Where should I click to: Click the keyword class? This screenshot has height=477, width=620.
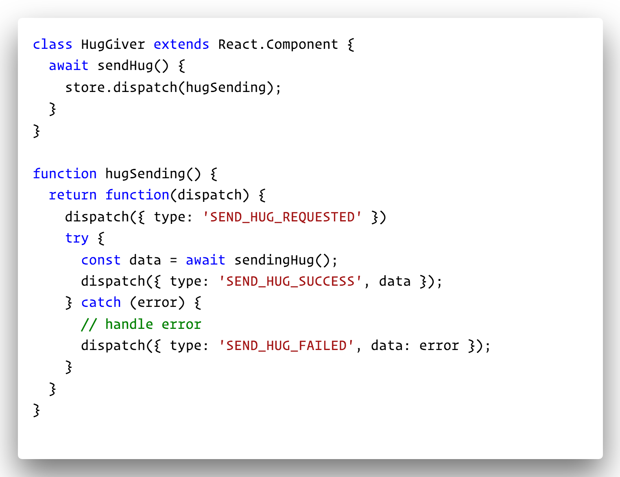(52, 44)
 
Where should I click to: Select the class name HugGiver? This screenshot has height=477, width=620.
(113, 44)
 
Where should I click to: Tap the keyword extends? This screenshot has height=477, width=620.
(181, 44)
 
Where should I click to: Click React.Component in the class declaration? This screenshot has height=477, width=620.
(278, 44)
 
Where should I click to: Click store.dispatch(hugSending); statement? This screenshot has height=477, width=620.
(173, 88)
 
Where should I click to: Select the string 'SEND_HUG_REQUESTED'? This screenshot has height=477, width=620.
(282, 217)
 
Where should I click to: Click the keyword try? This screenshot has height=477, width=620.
(76, 238)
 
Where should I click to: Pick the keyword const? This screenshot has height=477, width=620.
(100, 260)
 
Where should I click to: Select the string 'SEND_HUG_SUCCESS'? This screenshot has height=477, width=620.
(290, 282)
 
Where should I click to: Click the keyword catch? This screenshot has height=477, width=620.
(100, 303)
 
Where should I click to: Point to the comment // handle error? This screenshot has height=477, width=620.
(141, 324)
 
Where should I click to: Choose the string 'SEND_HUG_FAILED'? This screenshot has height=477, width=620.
(286, 346)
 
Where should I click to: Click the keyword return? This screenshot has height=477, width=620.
(72, 195)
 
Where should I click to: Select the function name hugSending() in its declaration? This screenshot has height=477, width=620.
(153, 174)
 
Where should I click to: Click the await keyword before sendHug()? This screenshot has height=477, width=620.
(68, 66)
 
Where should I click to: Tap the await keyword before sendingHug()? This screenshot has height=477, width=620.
(205, 260)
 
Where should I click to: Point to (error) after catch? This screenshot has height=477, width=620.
(157, 303)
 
